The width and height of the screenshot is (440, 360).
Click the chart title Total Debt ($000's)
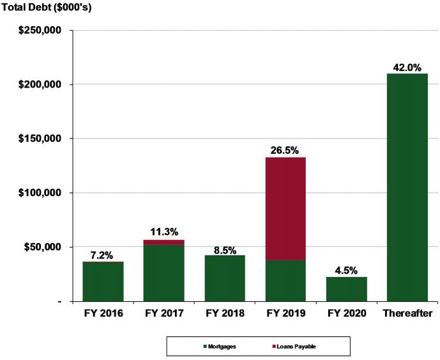point(47,7)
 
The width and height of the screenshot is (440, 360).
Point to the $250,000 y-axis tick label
point(40,30)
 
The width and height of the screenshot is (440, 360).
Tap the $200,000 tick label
point(40,84)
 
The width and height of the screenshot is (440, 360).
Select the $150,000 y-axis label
point(40,139)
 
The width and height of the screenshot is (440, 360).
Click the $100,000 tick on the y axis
point(40,193)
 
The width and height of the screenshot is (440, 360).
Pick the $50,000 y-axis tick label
point(43,247)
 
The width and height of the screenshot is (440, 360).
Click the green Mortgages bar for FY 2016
point(103,281)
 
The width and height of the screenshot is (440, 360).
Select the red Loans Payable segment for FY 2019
point(285,209)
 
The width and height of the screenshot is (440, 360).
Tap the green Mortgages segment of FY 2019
point(285,281)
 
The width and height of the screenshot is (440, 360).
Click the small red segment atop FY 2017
point(164,243)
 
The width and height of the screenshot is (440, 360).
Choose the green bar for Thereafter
point(407,188)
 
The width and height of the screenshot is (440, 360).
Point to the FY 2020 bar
point(347,289)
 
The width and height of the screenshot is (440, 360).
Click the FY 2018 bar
point(225,278)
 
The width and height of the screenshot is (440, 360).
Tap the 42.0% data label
point(407,68)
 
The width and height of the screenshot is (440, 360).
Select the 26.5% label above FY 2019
point(285,151)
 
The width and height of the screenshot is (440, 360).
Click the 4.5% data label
point(346,271)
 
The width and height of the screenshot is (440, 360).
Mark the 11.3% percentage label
point(164,232)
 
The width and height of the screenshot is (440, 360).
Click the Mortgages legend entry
point(220,347)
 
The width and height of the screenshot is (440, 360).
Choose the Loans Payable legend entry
point(294,347)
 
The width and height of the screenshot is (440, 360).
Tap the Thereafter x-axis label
point(407,313)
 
